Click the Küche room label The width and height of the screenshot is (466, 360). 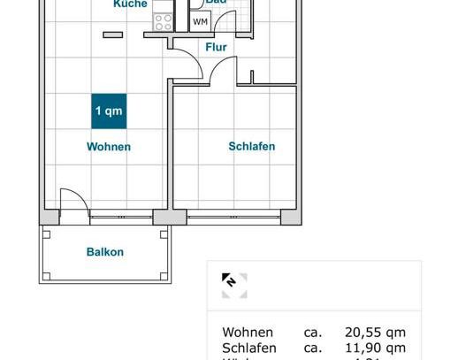(x=130, y=4)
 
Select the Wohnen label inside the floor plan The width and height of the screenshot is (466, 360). (x=109, y=147)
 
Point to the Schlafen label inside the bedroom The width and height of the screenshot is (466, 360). (x=252, y=147)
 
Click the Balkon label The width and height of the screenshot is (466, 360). (x=105, y=252)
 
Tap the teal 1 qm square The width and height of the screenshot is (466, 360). (x=109, y=111)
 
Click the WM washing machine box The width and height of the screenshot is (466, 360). (x=202, y=21)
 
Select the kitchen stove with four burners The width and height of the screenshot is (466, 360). (x=163, y=22)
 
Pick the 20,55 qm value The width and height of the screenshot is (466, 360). (x=375, y=333)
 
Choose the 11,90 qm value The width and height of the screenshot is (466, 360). (x=375, y=349)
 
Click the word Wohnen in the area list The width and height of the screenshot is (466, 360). (x=248, y=333)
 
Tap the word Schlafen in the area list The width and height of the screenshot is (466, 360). (x=249, y=349)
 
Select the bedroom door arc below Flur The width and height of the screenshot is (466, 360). (x=225, y=71)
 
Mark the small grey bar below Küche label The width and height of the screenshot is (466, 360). (x=112, y=34)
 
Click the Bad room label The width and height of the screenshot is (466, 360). (x=217, y=3)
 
